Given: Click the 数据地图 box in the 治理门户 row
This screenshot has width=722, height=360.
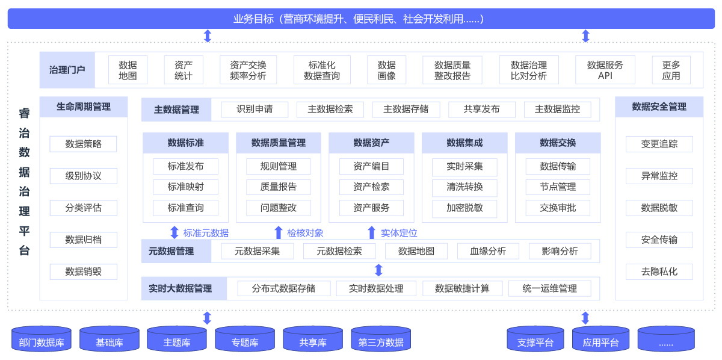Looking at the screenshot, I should coord(128,70).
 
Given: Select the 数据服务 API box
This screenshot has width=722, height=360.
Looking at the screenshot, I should coord(605,70).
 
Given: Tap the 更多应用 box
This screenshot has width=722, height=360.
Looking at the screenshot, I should coord(671,70).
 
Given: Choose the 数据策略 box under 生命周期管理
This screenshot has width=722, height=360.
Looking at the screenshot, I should coord(83,144).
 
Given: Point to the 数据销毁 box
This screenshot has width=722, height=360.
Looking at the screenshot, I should coord(83,272).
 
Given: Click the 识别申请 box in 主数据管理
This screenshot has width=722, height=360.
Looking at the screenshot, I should coord(254,110).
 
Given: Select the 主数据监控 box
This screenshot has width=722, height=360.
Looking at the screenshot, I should coord(557,110).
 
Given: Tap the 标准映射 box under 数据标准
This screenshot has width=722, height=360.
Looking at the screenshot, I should coord(185,187).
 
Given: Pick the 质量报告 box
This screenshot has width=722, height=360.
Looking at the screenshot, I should coord(278,187).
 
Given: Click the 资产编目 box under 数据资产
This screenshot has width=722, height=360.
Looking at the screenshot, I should coord(371,166).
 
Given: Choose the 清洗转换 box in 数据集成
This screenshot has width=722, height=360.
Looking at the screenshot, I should coord(464,187).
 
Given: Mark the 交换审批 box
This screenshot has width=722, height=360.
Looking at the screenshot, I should coord(558,208).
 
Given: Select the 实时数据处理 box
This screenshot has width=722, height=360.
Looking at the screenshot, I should coord(376,288).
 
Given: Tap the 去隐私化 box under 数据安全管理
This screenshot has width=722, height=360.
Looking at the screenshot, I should coord(659,272).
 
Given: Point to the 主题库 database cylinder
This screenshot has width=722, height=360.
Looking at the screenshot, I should coord(177,340).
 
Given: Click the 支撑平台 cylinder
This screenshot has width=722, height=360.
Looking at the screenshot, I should coord(535,340).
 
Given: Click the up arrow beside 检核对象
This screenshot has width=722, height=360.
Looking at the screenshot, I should coord(278,233).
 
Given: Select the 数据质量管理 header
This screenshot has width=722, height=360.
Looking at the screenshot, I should coord(278,143).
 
